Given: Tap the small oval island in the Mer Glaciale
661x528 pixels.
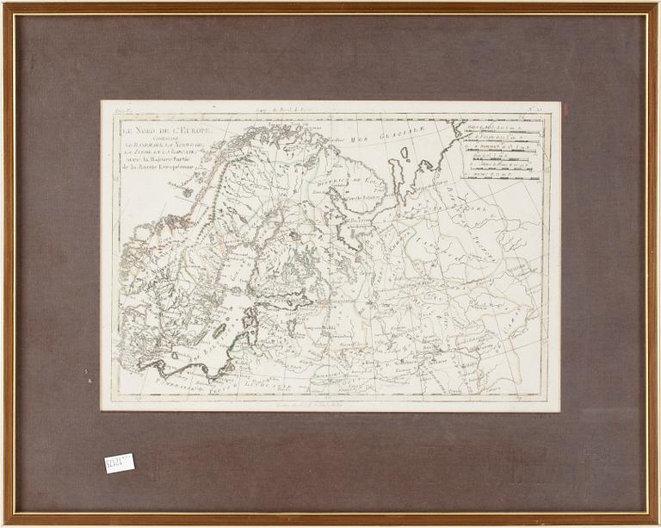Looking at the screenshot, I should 404,153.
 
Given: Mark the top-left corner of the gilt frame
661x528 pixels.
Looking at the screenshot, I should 3,3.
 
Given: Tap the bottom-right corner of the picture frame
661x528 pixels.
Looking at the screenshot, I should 657,524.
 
